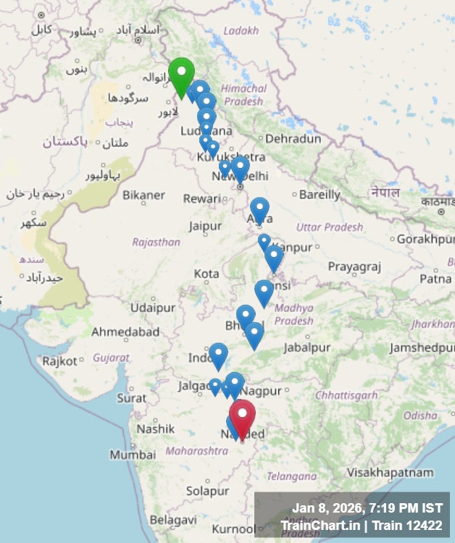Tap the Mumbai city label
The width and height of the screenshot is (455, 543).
(133, 455)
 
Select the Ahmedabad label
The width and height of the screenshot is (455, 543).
(125, 332)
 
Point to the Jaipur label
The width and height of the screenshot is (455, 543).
(205, 226)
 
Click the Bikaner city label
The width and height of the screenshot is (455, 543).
(143, 195)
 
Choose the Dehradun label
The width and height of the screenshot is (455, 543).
(293, 138)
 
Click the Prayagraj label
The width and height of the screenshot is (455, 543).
(354, 266)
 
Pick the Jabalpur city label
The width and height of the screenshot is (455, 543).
(306, 348)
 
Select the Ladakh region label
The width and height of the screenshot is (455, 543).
(241, 30)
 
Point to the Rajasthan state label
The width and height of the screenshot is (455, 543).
(156, 242)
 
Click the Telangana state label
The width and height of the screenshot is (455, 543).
(291, 476)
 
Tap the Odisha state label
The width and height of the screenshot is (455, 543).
(420, 416)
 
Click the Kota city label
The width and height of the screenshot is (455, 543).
(206, 274)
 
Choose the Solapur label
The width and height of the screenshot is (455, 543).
(206, 491)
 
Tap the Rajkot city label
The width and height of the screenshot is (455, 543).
(59, 361)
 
